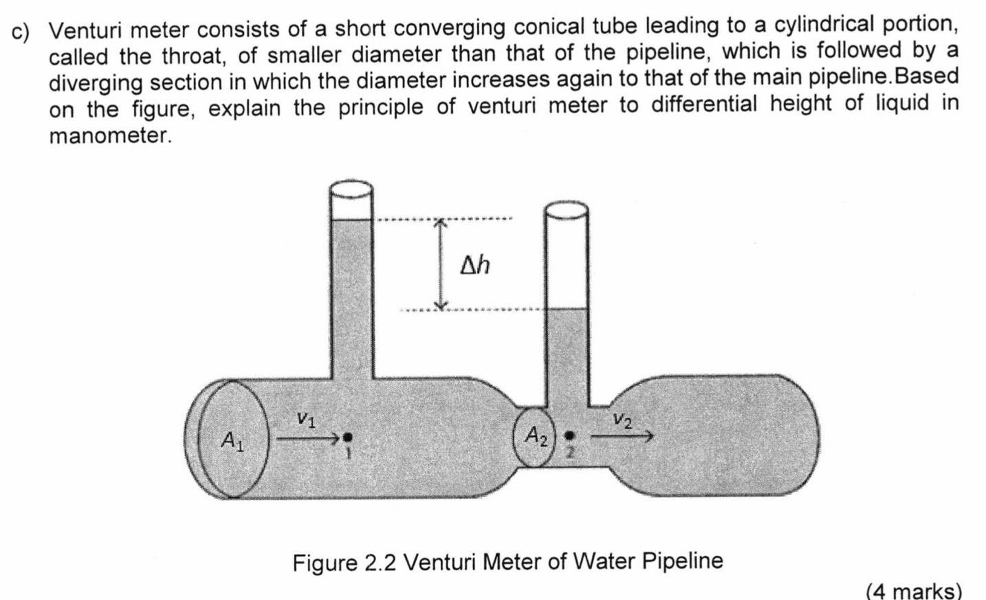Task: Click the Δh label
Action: pos(475,264)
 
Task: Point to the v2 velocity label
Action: pos(623,418)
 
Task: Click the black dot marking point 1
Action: pos(348,436)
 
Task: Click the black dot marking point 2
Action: pos(569,436)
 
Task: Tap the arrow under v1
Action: pos(307,436)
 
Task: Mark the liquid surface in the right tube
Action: pos(567,309)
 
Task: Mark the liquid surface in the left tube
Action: pos(351,220)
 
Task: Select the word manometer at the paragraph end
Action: pos(109,136)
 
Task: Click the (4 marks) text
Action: pos(914,590)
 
